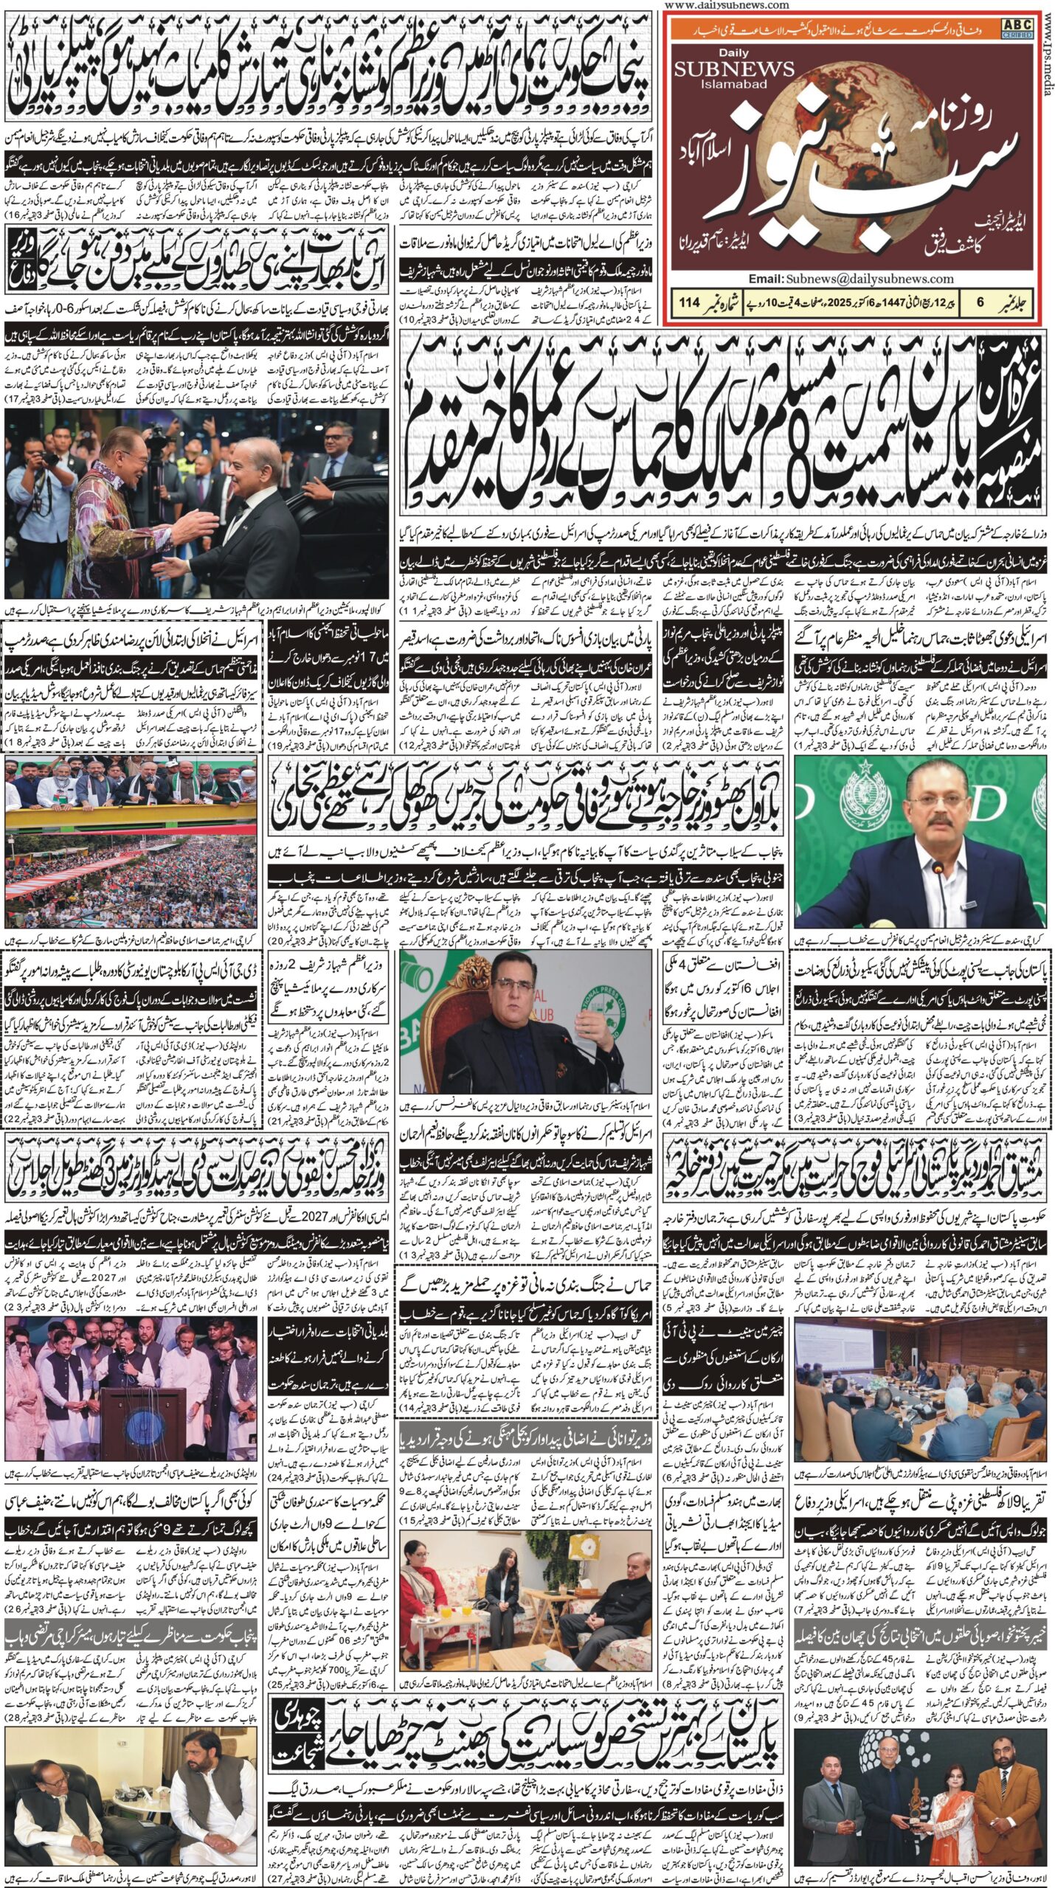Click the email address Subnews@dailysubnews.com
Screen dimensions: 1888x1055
coord(869,279)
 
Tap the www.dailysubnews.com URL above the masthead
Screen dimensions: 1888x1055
coord(726,5)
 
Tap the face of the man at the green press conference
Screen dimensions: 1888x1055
coord(932,796)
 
